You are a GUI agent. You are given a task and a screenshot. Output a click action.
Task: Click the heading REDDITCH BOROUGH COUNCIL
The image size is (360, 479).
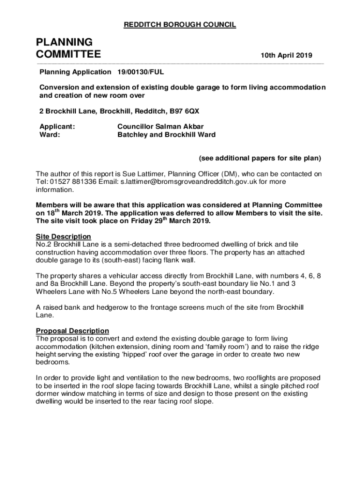point(180,25)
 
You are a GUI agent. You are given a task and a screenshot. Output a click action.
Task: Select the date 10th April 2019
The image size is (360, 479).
point(286,55)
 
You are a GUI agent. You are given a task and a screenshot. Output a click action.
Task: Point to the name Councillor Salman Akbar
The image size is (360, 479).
point(160,126)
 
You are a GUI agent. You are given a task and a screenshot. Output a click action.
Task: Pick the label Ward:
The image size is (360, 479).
point(49,135)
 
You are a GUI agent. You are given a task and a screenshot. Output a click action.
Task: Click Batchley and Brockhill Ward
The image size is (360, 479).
point(166,135)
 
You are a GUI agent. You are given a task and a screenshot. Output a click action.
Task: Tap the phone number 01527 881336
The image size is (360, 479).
point(76,182)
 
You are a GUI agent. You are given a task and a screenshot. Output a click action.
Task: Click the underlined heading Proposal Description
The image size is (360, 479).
point(72,331)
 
